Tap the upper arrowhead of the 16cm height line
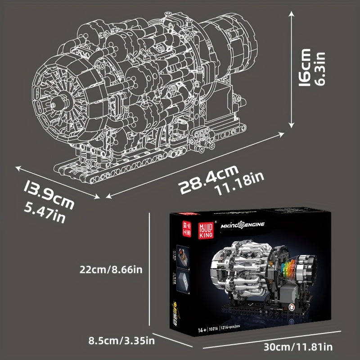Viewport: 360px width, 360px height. click(x=292, y=15)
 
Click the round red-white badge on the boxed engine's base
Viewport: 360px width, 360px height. click(x=292, y=307)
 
